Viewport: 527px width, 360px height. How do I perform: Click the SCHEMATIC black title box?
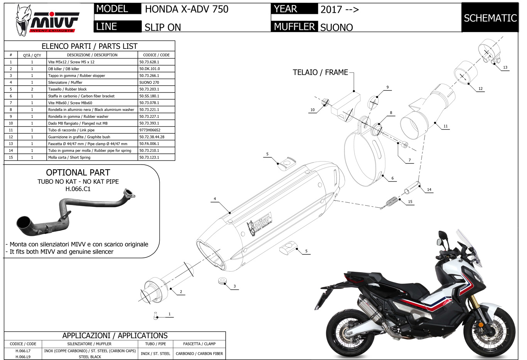(x=490, y=18)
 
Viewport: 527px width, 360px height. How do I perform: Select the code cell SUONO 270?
(x=149, y=82)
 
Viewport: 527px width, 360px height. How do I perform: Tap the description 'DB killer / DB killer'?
(x=64, y=69)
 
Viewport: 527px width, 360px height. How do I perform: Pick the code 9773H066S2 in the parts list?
(x=150, y=130)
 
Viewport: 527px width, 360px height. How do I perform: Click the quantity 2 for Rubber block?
(x=32, y=89)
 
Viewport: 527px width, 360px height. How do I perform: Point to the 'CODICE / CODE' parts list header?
(x=156, y=55)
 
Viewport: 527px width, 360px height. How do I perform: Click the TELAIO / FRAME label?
(x=320, y=72)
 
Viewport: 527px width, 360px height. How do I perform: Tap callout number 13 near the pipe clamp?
(x=505, y=67)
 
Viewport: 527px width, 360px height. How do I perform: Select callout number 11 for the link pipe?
(x=446, y=126)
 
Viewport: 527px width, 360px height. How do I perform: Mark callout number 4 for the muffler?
(x=215, y=199)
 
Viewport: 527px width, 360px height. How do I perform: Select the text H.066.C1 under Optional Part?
(x=78, y=189)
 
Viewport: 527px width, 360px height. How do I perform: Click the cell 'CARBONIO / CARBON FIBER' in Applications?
(x=199, y=353)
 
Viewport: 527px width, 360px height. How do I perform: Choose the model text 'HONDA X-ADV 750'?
(x=187, y=9)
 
